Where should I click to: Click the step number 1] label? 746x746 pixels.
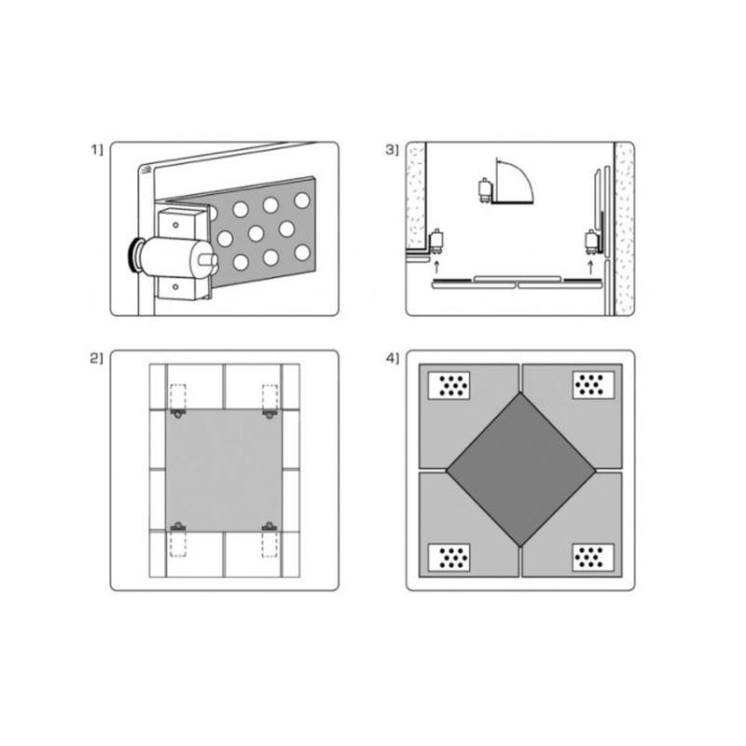click(97, 150)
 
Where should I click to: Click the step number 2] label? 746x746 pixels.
click(96, 358)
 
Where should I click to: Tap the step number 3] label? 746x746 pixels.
click(392, 150)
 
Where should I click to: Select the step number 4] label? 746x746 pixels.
click(392, 358)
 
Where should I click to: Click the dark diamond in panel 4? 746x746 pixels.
click(521, 470)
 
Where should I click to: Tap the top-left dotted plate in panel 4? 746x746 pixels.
click(449, 385)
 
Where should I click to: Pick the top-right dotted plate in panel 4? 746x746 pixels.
click(593, 385)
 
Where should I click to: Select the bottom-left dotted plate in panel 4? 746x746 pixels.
click(449, 557)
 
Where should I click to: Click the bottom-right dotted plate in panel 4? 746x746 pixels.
click(593, 557)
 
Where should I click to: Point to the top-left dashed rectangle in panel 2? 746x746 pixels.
click(178, 397)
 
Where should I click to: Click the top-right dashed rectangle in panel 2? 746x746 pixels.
click(269, 397)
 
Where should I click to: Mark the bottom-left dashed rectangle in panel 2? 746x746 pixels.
click(178, 544)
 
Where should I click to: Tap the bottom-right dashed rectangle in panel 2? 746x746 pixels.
click(269, 544)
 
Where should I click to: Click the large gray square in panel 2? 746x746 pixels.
click(224, 470)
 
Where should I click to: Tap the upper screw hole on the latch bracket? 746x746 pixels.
click(175, 225)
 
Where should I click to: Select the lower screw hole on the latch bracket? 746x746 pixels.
click(175, 287)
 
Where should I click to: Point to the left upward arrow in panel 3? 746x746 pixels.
click(436, 267)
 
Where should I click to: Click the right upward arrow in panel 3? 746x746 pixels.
click(591, 268)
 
